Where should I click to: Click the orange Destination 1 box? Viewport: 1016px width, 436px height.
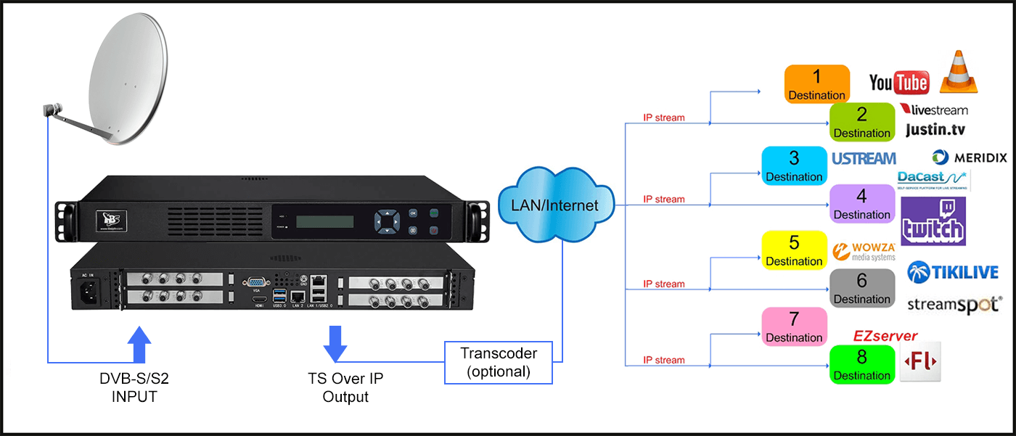(x=817, y=84)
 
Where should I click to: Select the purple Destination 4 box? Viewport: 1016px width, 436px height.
(x=861, y=203)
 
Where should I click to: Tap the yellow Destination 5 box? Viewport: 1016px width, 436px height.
(x=794, y=250)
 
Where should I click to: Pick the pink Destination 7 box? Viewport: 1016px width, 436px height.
(x=794, y=326)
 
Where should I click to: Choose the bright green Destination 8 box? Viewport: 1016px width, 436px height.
(x=861, y=364)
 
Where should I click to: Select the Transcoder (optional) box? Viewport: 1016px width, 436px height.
(x=499, y=362)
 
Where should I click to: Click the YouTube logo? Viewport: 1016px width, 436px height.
(x=899, y=83)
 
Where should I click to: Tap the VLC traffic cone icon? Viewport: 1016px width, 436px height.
(x=959, y=72)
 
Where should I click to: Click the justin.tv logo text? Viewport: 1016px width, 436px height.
(x=935, y=129)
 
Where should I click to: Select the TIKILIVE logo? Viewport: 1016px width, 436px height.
(x=953, y=272)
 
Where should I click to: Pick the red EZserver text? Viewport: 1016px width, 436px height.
(x=885, y=336)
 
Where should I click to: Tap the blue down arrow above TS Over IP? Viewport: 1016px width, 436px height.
(x=335, y=343)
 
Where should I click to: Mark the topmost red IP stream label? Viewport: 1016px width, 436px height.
(x=663, y=118)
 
